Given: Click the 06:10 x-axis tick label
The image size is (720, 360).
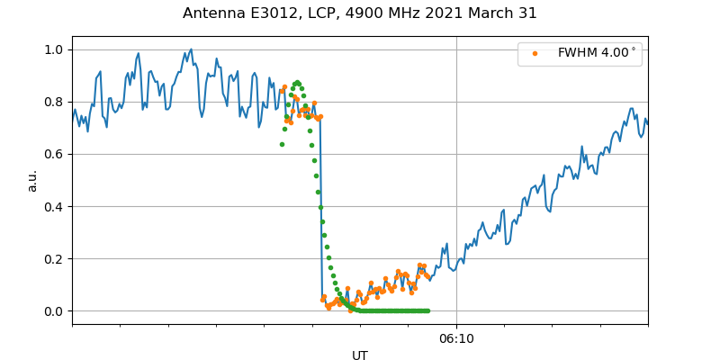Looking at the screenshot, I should [x=456, y=339].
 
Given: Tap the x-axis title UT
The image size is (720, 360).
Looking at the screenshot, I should [x=360, y=355].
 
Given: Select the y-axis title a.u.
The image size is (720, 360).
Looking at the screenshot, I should [x=32, y=180].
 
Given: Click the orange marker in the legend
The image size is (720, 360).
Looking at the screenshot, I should [x=535, y=53].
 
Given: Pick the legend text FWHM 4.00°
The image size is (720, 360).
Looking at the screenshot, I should [x=597, y=53].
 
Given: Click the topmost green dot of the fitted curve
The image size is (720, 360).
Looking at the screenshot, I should [x=297, y=83].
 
